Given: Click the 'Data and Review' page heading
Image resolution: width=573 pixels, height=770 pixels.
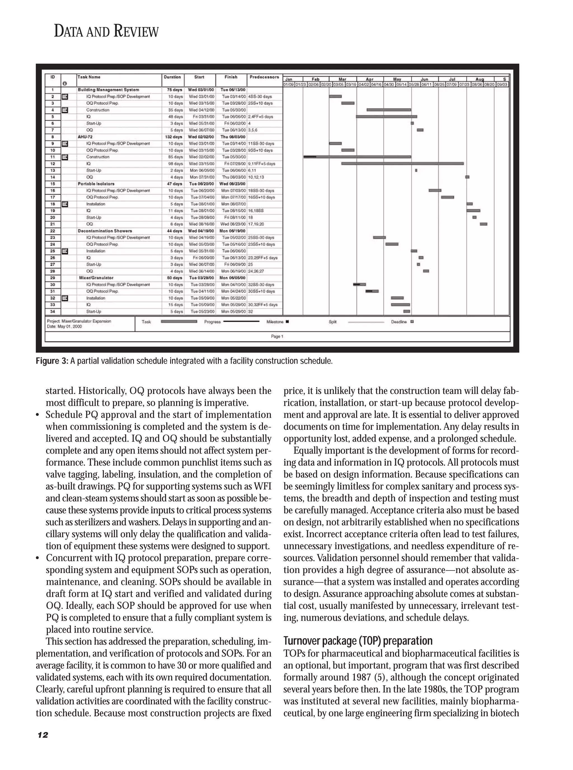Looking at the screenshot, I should tap(106, 32).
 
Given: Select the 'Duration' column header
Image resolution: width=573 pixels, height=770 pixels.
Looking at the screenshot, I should tap(172, 77).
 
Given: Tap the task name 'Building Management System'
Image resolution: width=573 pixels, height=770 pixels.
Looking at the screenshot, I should tap(108, 90).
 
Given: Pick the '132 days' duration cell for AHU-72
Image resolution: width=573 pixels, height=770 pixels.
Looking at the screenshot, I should tap(173, 137).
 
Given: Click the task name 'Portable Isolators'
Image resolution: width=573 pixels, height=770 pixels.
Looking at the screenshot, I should tap(96, 184).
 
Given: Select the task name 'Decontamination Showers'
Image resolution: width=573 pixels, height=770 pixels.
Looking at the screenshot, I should tap(105, 231).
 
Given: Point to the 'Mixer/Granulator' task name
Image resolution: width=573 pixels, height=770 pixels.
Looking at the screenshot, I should tap(96, 278).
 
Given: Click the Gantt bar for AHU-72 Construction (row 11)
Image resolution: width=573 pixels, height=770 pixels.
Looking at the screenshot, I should tap(357, 157).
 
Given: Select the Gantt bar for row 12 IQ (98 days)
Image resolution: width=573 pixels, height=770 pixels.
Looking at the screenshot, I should tap(402, 163).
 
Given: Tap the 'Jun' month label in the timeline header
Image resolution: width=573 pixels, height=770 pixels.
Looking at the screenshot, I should tap(424, 79).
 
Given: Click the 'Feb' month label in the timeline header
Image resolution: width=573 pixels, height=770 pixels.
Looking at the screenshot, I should tap(316, 79).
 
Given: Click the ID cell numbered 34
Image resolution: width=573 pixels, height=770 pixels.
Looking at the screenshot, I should tap(53, 311).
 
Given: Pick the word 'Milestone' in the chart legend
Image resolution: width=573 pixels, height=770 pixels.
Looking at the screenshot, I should tap(275, 322).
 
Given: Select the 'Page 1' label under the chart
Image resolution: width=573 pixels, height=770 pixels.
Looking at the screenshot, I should tap(277, 336).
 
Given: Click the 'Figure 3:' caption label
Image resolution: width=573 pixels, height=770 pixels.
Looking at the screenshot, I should tap(52, 361).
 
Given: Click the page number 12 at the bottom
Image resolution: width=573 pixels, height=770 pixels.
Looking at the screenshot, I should tap(43, 735).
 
